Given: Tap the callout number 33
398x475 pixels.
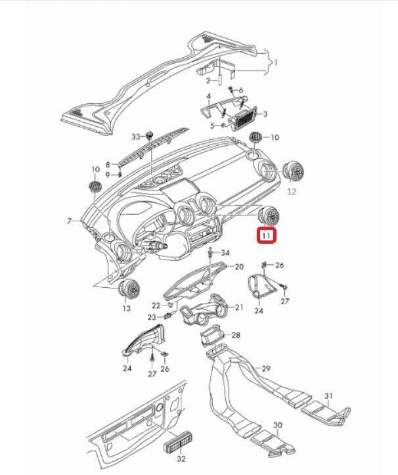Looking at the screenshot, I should [x=136, y=137].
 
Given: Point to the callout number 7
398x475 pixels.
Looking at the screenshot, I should [x=68, y=221].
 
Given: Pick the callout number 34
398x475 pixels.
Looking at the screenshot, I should [x=225, y=253].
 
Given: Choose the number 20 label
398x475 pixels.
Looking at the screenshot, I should [x=239, y=267].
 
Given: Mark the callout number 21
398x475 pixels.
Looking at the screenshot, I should [x=239, y=307].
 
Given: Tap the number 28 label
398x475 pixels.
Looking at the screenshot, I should [x=236, y=335].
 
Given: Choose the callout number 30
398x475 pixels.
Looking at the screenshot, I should [x=277, y=426].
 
